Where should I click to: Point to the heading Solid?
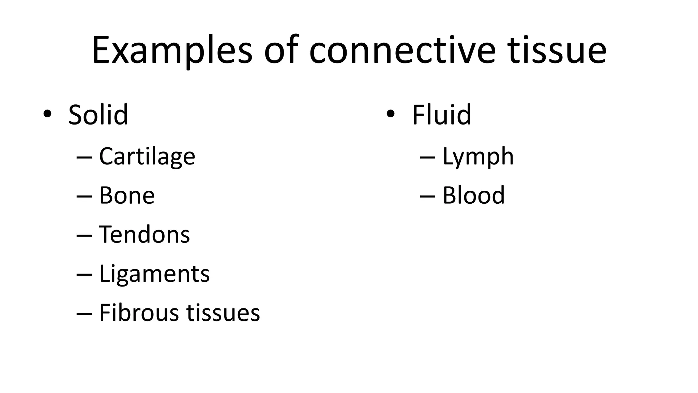(98, 115)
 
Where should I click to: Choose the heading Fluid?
(441, 115)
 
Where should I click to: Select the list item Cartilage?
(147, 157)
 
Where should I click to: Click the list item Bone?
(127, 195)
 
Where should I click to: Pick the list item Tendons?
(144, 235)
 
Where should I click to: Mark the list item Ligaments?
(154, 274)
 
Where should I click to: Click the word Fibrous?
(139, 313)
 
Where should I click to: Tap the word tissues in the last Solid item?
(223, 313)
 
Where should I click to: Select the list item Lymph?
(478, 157)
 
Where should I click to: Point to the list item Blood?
(473, 195)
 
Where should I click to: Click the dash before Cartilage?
(84, 158)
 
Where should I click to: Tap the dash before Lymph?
(427, 158)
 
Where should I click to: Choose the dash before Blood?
(427, 197)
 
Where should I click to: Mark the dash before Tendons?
(84, 236)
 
